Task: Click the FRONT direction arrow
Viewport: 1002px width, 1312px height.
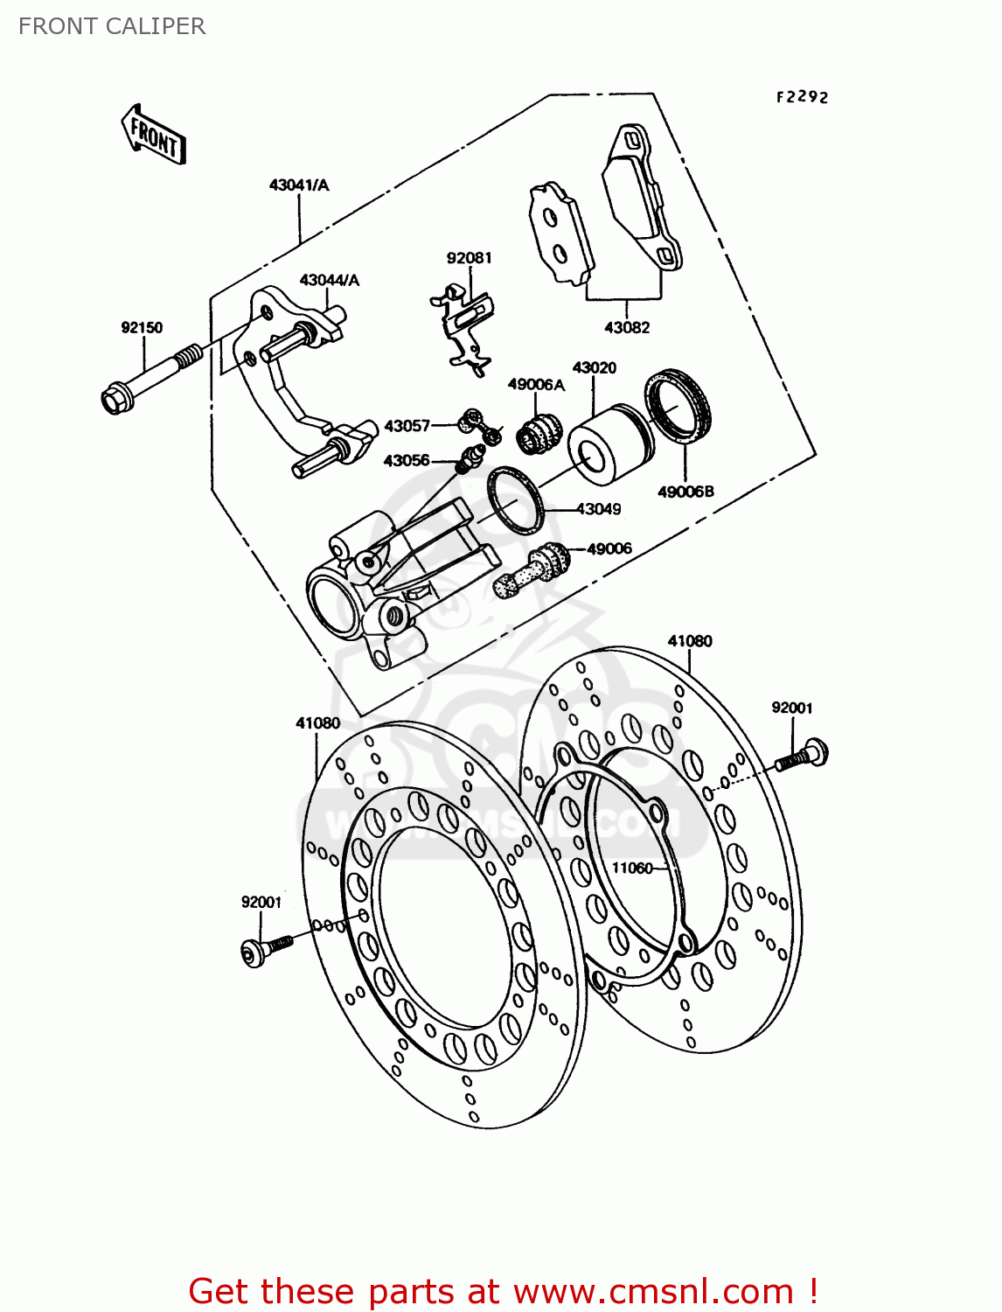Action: [x=154, y=136]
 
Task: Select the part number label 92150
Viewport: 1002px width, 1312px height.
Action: [x=142, y=328]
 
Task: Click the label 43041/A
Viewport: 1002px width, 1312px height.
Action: [x=299, y=185]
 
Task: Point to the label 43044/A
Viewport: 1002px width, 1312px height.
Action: [x=329, y=281]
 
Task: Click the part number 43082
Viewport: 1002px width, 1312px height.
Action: [x=627, y=328]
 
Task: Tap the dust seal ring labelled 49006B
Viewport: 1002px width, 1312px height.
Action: [x=678, y=407]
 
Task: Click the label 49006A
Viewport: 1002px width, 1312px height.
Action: [x=536, y=385]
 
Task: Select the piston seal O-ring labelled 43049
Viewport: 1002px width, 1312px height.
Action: [x=514, y=500]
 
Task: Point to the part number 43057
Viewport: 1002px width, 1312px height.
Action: [x=407, y=426]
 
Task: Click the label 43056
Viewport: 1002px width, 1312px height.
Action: [x=407, y=461]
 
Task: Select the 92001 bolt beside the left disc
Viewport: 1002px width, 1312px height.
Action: [x=262, y=949]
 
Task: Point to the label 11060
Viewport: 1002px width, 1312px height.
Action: [x=631, y=869]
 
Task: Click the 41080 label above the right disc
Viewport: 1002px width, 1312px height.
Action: [x=690, y=641]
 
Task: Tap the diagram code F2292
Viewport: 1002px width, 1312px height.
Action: [x=802, y=97]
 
